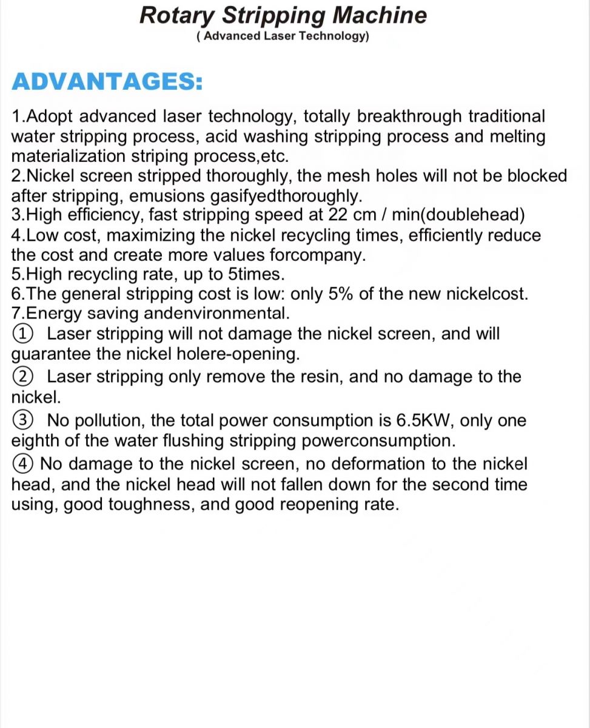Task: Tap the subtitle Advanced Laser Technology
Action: [x=283, y=36]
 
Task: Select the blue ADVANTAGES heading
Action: [x=107, y=82]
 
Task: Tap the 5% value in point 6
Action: [x=341, y=294]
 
